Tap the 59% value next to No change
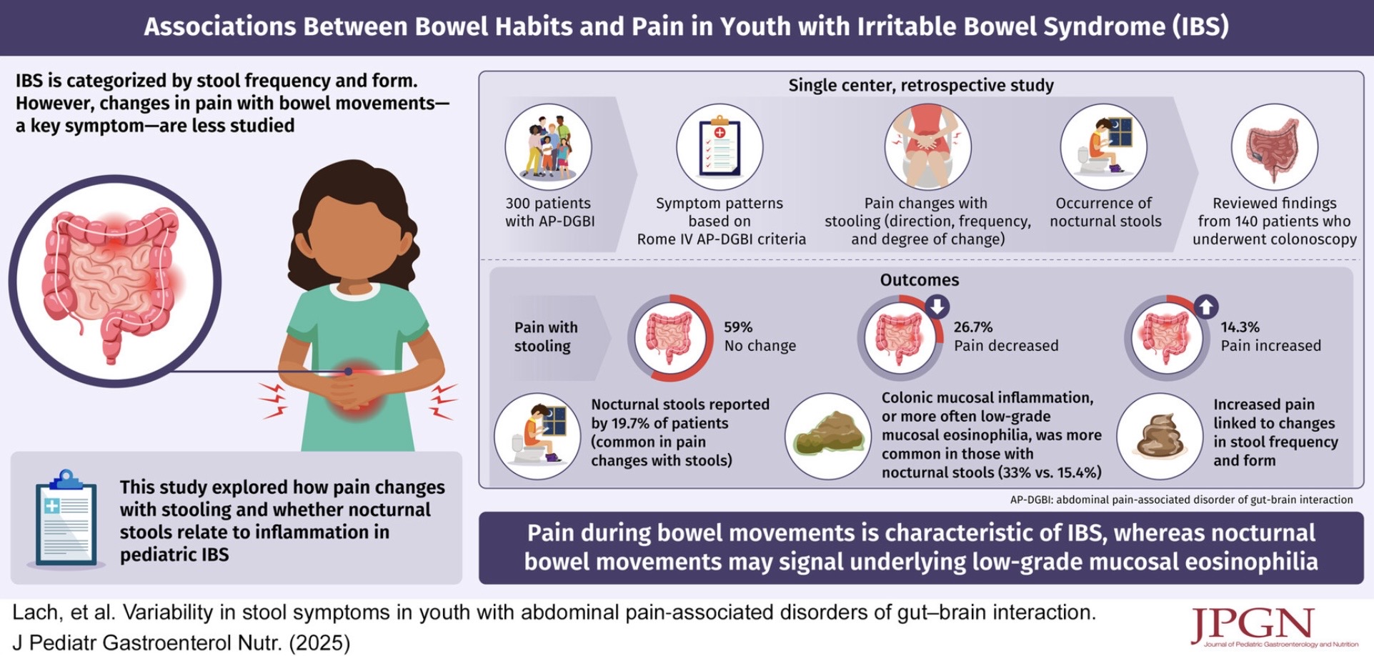(738, 327)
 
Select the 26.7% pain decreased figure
(973, 327)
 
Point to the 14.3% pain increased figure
(1240, 327)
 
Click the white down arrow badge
(937, 307)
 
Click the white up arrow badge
(1206, 307)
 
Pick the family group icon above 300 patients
(548, 147)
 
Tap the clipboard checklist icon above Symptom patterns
(720, 147)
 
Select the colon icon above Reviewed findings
(1274, 147)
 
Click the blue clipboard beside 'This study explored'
(65, 519)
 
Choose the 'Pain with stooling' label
(546, 337)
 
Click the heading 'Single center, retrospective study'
(920, 86)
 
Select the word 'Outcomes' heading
(919, 279)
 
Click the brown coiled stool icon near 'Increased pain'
(1160, 437)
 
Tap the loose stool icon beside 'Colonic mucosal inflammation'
(828, 437)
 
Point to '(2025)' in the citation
(319, 643)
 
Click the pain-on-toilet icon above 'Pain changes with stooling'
(927, 147)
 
